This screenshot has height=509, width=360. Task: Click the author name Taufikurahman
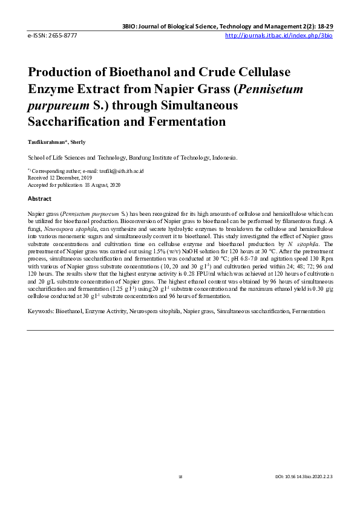46,142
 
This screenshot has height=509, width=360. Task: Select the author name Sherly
77,142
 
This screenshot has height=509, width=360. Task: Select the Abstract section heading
39,198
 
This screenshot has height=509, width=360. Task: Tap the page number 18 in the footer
180,477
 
